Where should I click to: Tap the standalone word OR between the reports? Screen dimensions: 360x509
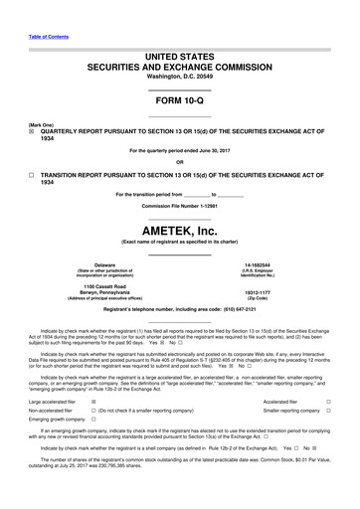point(179,161)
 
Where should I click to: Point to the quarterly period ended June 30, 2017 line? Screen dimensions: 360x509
point(179,150)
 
